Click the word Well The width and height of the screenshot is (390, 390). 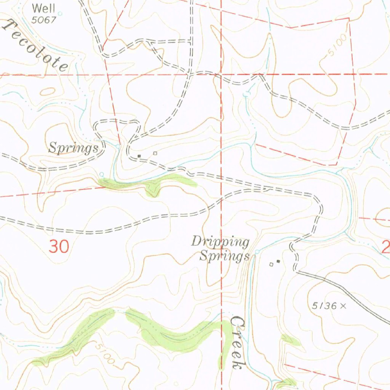pos(43,8)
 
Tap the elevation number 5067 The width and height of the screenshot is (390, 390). pos(43,20)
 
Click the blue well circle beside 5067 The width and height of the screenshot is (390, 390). pos(59,14)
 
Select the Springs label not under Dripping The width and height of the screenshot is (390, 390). pos(73,148)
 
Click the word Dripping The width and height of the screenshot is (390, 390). pos(220,241)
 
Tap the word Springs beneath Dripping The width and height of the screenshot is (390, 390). pos(224,256)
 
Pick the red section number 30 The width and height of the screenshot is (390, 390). pos(59,247)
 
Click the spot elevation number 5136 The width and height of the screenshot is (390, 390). pos(324,305)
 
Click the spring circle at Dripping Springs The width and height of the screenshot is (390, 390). pos(257,251)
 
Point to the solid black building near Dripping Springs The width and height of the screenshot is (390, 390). pos(278,261)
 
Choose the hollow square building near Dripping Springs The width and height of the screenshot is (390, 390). pos(271,264)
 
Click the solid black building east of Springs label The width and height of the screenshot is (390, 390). pos(139,156)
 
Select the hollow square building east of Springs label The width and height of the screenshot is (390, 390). pos(155,153)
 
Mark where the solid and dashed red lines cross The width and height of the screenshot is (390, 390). pos(221,75)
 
